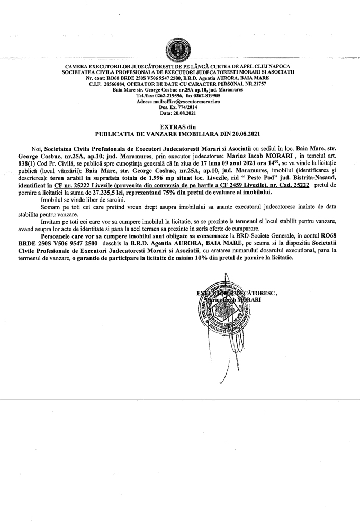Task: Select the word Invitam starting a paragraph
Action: point(51,222)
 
